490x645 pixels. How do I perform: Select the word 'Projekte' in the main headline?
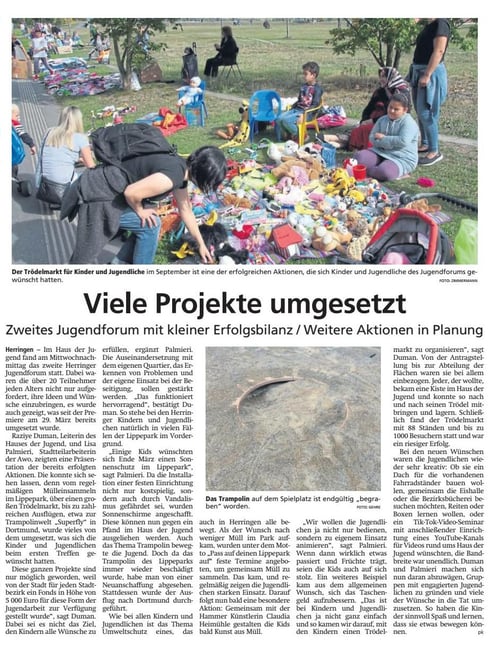point(213,301)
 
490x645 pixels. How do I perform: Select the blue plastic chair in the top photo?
point(266,105)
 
